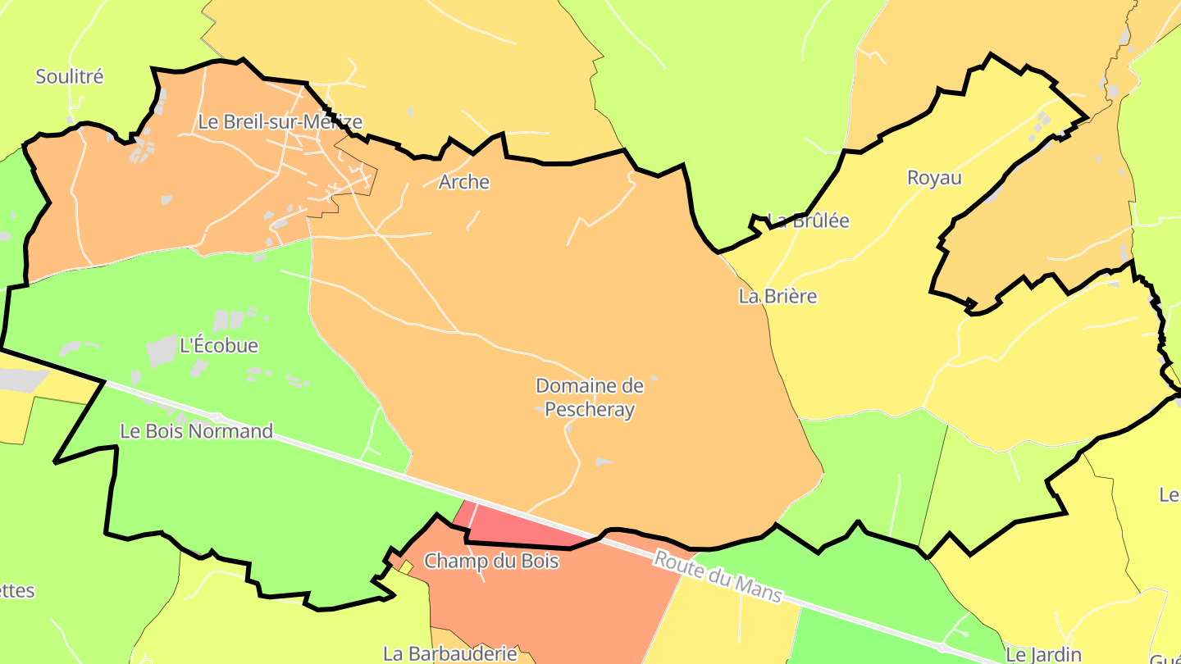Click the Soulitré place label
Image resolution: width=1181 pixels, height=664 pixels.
point(70,77)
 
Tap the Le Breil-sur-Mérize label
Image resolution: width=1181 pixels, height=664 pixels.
point(280,122)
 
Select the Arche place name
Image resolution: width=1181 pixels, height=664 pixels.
point(464,182)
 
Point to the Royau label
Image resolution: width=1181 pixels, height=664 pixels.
point(934,178)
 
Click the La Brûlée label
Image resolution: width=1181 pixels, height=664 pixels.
point(809,221)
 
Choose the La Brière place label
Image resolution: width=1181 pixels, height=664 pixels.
point(777,296)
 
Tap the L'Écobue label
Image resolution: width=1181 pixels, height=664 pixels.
point(218,345)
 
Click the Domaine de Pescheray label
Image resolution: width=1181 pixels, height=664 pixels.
point(590,398)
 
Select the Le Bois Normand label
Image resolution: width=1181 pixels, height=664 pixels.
point(196,431)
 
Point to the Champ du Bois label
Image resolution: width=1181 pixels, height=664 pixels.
point(491,562)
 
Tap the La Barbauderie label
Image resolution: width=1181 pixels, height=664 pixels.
point(450,653)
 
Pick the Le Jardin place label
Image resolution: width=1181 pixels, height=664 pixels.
point(1043,654)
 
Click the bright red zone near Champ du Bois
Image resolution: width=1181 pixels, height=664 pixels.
point(525,529)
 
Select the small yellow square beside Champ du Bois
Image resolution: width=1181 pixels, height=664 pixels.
point(406,566)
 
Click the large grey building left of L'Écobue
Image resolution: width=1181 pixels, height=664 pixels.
point(162,351)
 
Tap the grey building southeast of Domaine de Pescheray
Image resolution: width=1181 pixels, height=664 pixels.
point(604,462)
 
